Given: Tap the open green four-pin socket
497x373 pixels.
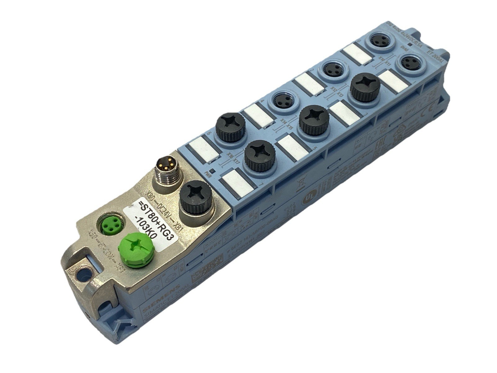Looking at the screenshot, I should (x=111, y=226).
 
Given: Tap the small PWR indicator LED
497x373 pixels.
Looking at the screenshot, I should (x=212, y=171).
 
